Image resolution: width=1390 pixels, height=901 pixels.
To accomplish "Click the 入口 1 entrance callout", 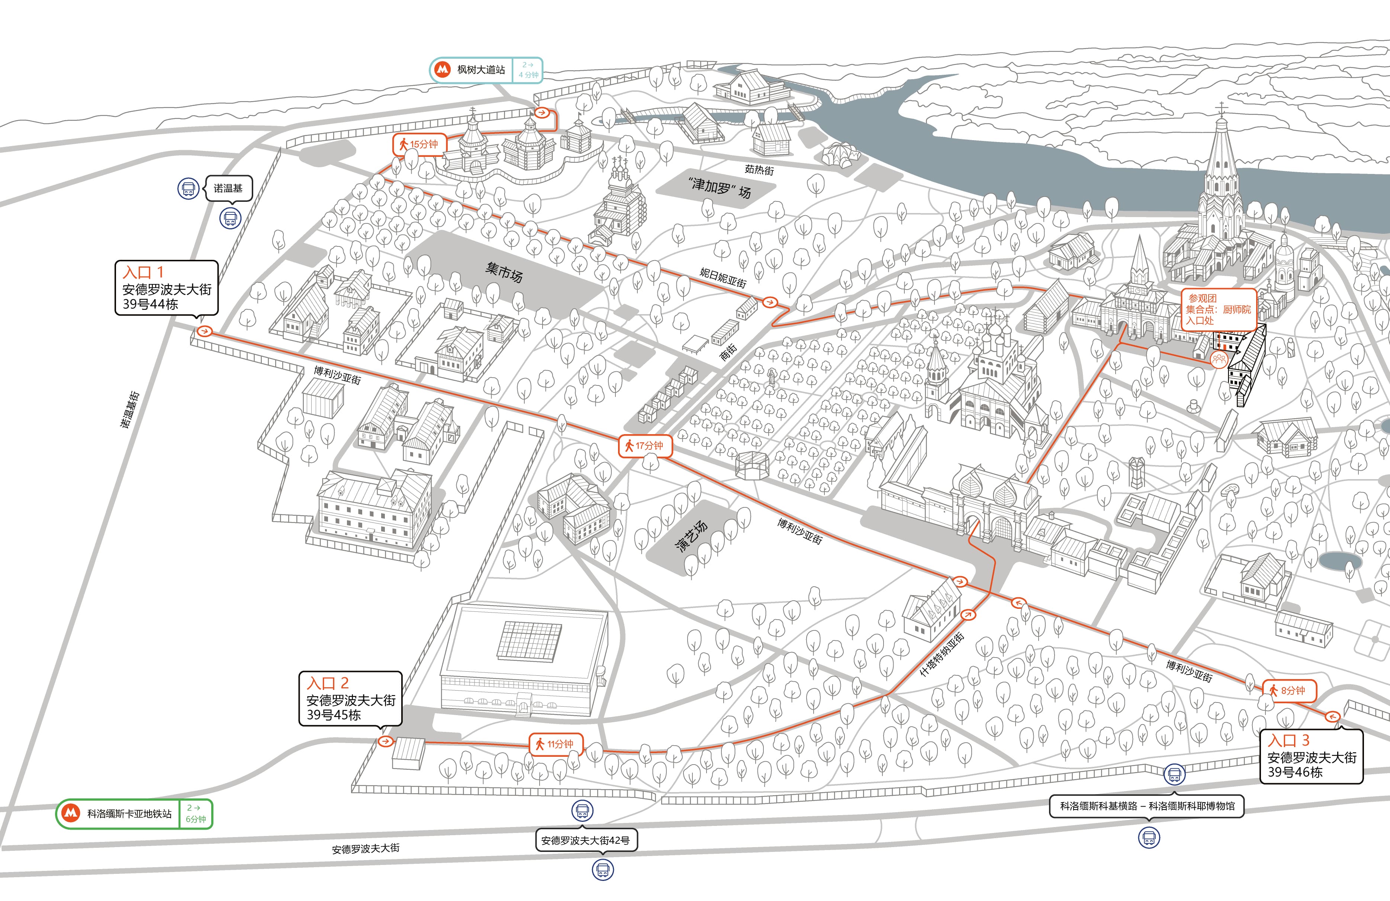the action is [x=167, y=288].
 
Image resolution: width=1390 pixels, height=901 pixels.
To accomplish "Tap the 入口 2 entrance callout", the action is [x=350, y=698].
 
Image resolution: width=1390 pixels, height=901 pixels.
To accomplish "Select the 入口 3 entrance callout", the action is [x=1311, y=756].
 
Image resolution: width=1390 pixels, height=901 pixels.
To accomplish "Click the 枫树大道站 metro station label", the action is [x=486, y=70].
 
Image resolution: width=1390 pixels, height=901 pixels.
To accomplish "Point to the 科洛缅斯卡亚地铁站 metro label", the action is [x=134, y=813].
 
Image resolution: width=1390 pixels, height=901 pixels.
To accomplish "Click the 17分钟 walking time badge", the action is [x=646, y=446].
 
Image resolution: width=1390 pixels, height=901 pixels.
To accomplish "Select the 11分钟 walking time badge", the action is [x=556, y=744].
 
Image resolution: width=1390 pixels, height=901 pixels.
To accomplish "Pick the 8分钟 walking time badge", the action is [x=1288, y=690].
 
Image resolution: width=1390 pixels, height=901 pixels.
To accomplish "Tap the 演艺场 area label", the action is [x=692, y=536].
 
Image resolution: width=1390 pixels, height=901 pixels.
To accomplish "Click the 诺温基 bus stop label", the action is [x=228, y=188].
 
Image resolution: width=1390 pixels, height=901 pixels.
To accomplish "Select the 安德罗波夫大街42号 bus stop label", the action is [x=586, y=840].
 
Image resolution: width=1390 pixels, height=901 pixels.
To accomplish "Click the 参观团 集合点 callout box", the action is [x=1218, y=310].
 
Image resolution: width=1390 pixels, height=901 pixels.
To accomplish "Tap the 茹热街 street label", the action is [x=759, y=170].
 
